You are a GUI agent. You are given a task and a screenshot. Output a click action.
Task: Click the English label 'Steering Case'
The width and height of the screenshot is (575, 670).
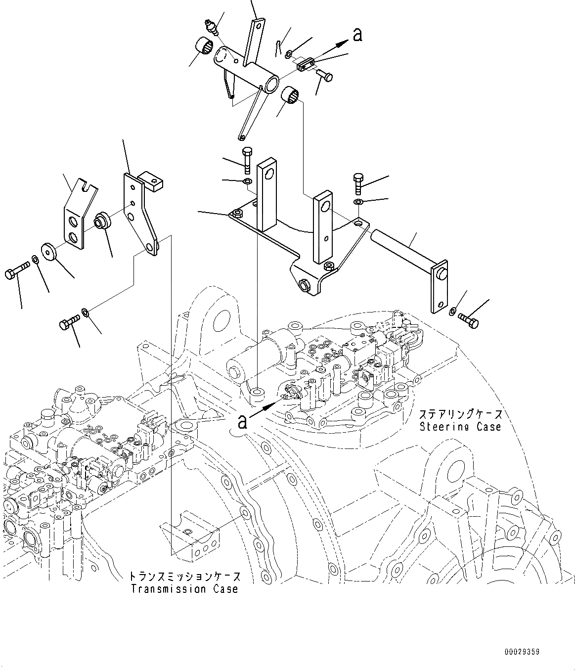(460, 426)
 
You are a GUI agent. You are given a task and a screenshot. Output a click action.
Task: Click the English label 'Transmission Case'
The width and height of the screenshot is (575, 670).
(184, 589)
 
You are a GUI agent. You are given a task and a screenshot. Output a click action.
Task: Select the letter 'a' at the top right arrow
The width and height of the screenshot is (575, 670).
(357, 35)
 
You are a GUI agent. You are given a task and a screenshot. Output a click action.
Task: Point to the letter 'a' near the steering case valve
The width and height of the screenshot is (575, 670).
(242, 421)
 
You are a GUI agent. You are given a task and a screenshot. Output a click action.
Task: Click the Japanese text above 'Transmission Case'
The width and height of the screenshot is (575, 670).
(185, 577)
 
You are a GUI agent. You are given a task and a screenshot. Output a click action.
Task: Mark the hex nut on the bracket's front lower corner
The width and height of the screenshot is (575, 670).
(304, 285)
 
